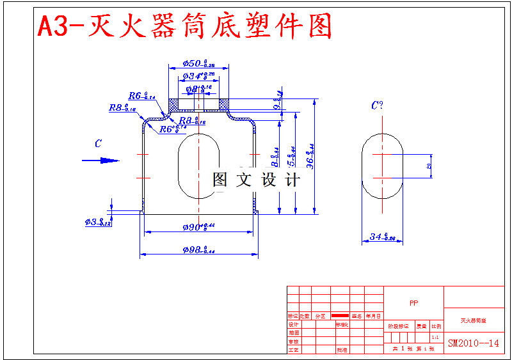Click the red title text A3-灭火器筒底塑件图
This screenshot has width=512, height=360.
point(185,27)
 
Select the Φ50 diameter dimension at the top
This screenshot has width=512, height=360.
point(199,63)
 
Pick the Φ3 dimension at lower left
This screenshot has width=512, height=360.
point(98,223)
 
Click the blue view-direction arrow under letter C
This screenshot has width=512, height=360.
point(100,160)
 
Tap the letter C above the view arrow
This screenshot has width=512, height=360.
point(98,145)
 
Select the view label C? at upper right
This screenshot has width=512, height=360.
point(377,106)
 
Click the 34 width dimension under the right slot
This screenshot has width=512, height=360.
point(382,238)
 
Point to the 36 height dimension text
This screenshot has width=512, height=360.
point(310,157)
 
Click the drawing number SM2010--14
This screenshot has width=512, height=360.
point(473,343)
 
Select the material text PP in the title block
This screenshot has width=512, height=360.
point(413,303)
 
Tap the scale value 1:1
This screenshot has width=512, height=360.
point(435,337)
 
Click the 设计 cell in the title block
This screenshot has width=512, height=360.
point(294,324)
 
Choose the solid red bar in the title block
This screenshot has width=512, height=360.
point(340,316)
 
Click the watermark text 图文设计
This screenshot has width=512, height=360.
point(256,180)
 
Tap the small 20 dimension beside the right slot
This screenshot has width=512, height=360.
point(429,166)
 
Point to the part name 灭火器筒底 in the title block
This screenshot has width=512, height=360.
point(473,320)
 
